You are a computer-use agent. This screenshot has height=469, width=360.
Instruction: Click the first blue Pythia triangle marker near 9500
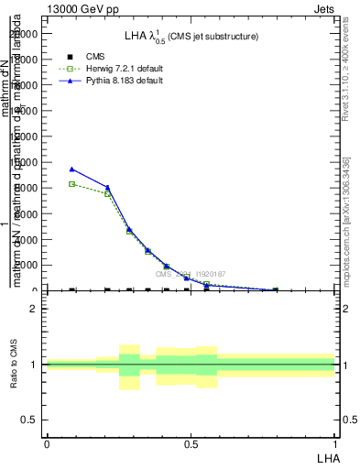(x=72, y=169)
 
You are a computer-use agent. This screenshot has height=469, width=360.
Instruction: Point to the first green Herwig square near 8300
(x=72, y=184)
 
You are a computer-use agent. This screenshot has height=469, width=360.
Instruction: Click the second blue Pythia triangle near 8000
(x=107, y=188)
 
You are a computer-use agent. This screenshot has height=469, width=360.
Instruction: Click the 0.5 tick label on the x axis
(x=191, y=442)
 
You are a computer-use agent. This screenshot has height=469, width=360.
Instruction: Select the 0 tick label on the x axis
(x=47, y=442)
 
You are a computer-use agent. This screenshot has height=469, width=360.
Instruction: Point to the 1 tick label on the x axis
(x=335, y=442)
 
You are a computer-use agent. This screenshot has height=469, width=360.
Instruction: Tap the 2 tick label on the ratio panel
(x=33, y=309)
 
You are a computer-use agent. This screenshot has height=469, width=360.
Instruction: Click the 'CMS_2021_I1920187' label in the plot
(x=190, y=274)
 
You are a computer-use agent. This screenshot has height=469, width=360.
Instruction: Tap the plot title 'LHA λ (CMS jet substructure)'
(x=191, y=37)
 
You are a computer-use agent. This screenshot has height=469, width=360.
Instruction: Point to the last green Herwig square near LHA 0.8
(x=275, y=290)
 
